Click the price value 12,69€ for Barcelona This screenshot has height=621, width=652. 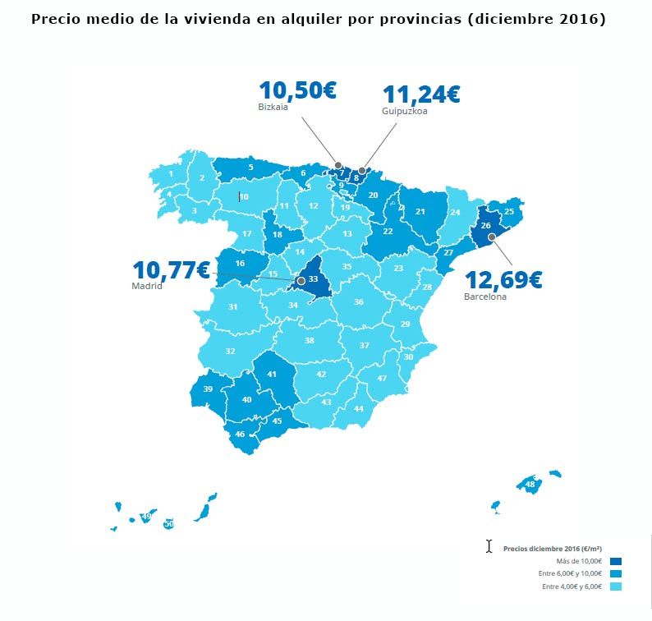coord(503,279)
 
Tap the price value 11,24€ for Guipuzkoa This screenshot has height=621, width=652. coord(420,94)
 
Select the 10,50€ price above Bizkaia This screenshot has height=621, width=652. coord(297,90)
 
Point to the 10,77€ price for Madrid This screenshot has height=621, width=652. coord(172,269)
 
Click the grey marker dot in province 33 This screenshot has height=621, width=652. coord(301,281)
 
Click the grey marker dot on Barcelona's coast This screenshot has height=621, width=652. coord(491,237)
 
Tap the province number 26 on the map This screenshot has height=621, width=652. coord(485,225)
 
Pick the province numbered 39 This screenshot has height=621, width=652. coord(208,389)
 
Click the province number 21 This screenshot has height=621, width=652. coord(420,212)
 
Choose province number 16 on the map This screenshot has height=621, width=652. coord(240,264)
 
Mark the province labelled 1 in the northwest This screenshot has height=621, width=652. coord(171,173)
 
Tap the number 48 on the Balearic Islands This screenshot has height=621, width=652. coord(530,484)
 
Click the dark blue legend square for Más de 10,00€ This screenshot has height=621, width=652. coord(616,560)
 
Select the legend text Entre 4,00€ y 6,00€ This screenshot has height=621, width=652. coord(572,586)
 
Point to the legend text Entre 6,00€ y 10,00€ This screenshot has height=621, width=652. coord(570,573)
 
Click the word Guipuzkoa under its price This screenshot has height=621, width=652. coord(404,112)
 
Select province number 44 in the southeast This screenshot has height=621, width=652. coord(358,408)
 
